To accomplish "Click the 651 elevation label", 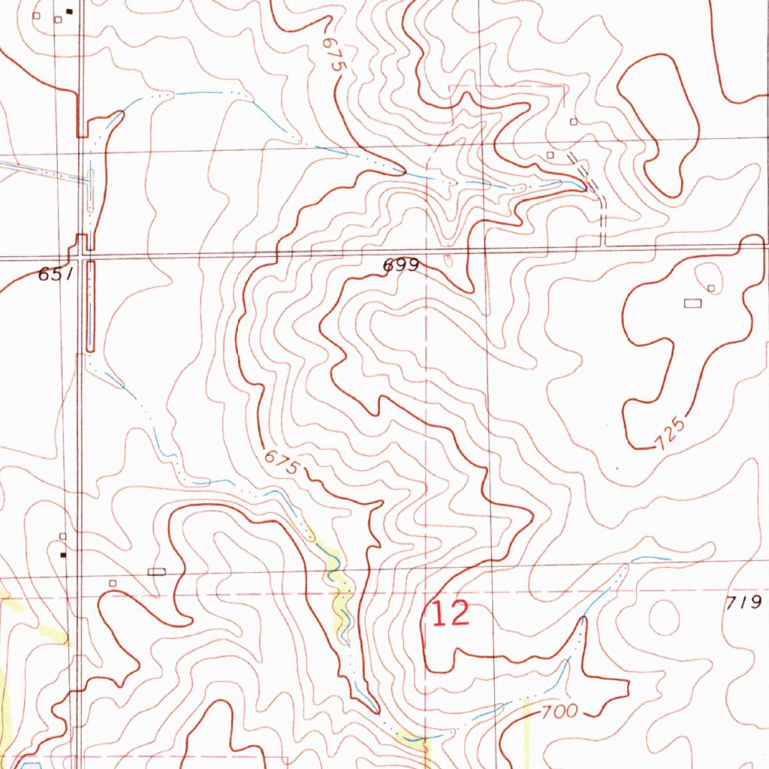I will coord(55,276).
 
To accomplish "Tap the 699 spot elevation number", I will coord(400,266).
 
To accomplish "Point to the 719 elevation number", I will coord(745,602).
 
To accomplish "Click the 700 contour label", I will coord(558,711).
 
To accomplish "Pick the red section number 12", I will coord(450,614).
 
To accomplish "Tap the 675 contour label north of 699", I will coord(333,55).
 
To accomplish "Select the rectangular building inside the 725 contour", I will coord(692,303).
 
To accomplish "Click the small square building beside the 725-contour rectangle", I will coord(710,288).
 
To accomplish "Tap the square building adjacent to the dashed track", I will coord(550,155).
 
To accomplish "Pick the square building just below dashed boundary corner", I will coord(574,122).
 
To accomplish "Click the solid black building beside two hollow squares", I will coord(70,11).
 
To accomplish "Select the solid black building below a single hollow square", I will coord(63,555).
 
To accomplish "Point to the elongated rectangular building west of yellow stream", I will coord(156,572).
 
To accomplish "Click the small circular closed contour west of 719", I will coord(664,616).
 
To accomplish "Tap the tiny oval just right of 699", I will coord(448,260).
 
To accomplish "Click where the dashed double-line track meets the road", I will coord(603,245).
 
